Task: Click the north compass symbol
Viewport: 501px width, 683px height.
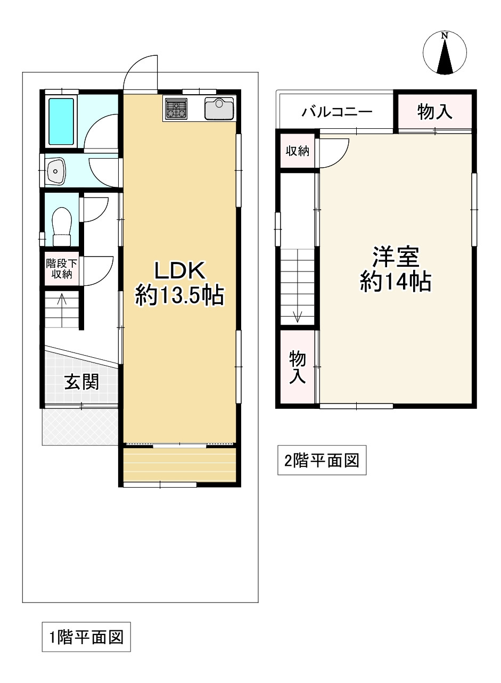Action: click(x=445, y=53)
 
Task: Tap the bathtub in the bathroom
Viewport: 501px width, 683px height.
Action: click(x=61, y=121)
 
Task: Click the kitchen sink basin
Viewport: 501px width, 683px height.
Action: click(x=219, y=109)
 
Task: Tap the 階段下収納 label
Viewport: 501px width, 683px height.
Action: click(x=62, y=269)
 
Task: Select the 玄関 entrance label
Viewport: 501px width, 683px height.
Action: click(x=81, y=382)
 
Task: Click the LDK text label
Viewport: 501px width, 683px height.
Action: click(x=179, y=270)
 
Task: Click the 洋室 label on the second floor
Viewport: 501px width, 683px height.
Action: click(x=396, y=257)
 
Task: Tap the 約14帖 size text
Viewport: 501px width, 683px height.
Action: click(x=396, y=282)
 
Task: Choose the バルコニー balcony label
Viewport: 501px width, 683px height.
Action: click(x=337, y=112)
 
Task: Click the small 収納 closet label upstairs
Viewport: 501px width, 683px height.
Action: click(x=297, y=151)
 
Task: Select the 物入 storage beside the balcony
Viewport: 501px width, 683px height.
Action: click(x=434, y=111)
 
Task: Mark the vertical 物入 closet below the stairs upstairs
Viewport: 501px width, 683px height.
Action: click(x=297, y=368)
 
